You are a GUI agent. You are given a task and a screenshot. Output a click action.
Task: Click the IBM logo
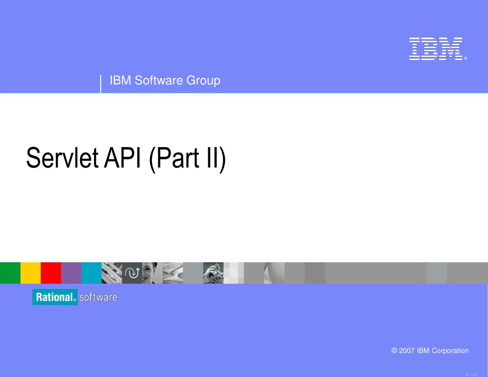click(x=436, y=49)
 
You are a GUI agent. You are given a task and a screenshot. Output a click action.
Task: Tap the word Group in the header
click(x=203, y=80)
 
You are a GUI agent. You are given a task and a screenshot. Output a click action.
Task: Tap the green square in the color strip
click(x=10, y=273)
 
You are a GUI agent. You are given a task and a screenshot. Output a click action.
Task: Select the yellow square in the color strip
click(x=30, y=273)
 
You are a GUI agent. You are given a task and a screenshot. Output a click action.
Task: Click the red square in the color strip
click(x=51, y=273)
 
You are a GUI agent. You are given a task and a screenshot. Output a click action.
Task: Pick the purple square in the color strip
click(x=71, y=273)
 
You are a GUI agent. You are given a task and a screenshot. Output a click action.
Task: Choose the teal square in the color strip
click(x=91, y=273)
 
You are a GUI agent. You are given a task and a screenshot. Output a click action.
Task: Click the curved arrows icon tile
click(x=132, y=273)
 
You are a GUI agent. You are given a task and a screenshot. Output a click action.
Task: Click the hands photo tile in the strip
click(x=213, y=273)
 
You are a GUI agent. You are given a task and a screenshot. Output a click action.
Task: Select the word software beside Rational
click(x=98, y=298)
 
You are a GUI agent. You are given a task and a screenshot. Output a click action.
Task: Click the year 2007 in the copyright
click(x=407, y=351)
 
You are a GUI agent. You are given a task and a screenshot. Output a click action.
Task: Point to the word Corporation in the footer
click(x=450, y=351)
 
